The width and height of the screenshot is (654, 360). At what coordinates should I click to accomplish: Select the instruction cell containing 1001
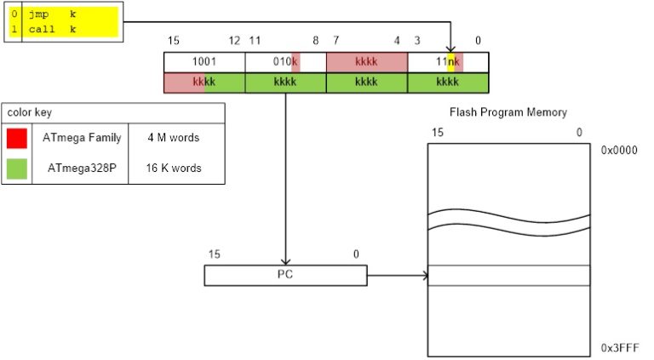[x=204, y=62]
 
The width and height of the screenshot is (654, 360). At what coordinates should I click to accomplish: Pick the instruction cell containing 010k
[x=285, y=62]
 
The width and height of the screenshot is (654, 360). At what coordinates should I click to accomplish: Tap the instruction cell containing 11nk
[x=448, y=62]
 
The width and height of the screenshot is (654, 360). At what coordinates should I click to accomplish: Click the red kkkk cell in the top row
[x=367, y=62]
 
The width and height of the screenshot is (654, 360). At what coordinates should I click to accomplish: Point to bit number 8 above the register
[x=315, y=41]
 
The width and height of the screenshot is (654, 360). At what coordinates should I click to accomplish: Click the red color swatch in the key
[x=17, y=138]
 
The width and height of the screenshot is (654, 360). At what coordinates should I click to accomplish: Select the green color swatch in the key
[x=17, y=168]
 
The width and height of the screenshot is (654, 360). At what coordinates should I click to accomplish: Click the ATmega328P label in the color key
[x=79, y=168]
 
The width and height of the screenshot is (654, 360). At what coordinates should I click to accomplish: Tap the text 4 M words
[x=175, y=138]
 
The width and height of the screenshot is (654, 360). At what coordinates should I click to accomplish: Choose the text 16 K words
[x=175, y=168]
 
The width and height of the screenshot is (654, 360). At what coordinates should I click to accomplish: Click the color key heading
[x=26, y=112]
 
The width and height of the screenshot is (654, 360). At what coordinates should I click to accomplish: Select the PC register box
[x=285, y=275]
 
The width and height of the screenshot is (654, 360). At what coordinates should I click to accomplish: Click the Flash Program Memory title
[x=508, y=112]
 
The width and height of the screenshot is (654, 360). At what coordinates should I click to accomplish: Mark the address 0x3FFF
[x=618, y=349]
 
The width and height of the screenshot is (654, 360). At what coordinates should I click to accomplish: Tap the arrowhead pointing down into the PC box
[x=285, y=260]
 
